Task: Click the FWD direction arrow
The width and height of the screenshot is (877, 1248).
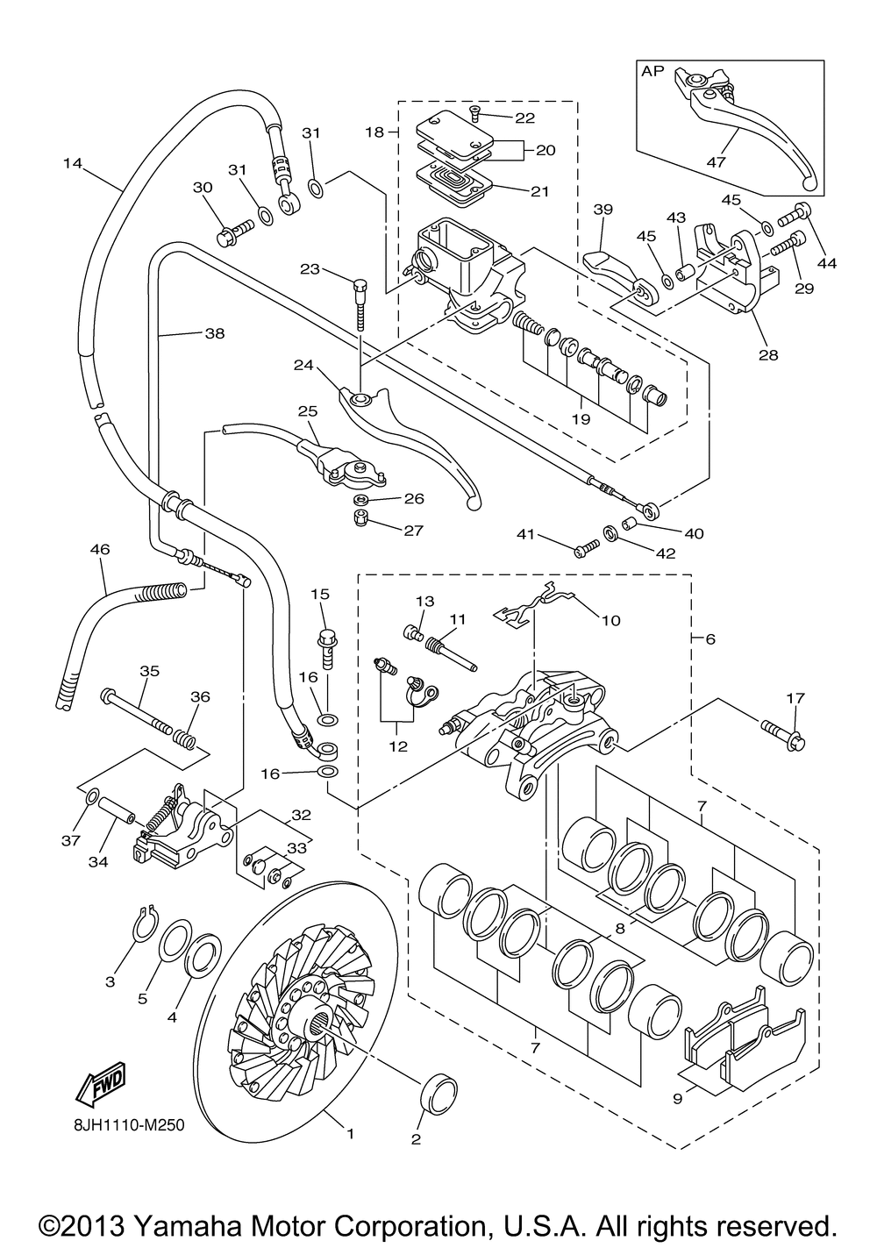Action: (x=102, y=1085)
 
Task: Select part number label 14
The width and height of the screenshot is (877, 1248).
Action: (x=73, y=163)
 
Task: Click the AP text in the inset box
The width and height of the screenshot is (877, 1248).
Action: (x=652, y=73)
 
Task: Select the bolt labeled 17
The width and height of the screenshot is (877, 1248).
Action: (x=786, y=735)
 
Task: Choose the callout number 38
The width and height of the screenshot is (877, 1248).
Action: (x=215, y=333)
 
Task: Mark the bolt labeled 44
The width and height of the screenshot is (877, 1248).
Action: (x=802, y=210)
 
